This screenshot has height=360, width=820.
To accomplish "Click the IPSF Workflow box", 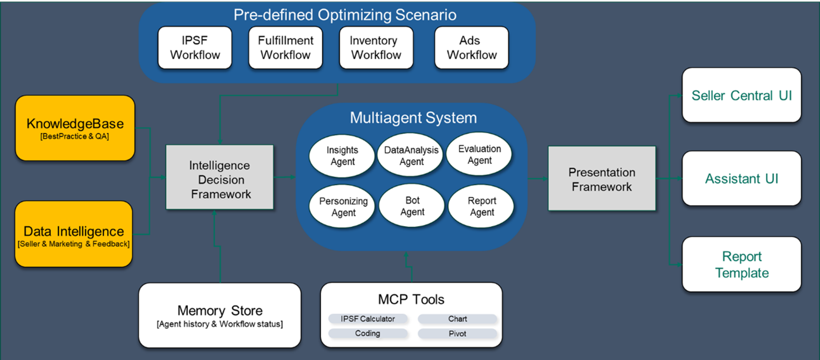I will [x=195, y=48].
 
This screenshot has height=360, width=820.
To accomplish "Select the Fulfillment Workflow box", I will [x=286, y=48].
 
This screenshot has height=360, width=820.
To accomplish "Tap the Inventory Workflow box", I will [x=376, y=48].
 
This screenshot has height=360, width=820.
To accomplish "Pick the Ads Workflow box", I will [x=472, y=48].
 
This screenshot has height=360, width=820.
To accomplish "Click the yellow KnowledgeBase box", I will [x=75, y=128].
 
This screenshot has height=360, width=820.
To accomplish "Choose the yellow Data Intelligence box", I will [x=74, y=234].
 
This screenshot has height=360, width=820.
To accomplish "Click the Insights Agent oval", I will [x=342, y=156].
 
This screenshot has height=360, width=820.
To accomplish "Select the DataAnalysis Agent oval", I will [x=411, y=155].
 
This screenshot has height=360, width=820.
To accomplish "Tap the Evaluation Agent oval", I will [x=479, y=154].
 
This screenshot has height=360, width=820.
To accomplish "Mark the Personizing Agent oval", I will [x=343, y=207].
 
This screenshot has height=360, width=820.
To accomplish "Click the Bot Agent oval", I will [x=412, y=206].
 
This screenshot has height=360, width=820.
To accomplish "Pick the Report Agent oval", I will [x=481, y=206].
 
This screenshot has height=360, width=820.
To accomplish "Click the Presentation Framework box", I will [x=602, y=179].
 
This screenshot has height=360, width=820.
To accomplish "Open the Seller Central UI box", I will [x=741, y=95].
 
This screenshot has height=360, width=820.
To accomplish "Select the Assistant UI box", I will [x=741, y=178].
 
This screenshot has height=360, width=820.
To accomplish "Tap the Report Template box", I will [x=741, y=264].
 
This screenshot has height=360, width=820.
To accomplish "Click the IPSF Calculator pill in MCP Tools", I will [x=368, y=319].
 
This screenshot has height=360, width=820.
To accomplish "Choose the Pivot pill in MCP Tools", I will [x=457, y=334].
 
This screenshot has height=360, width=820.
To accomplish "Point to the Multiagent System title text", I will [x=413, y=118].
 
